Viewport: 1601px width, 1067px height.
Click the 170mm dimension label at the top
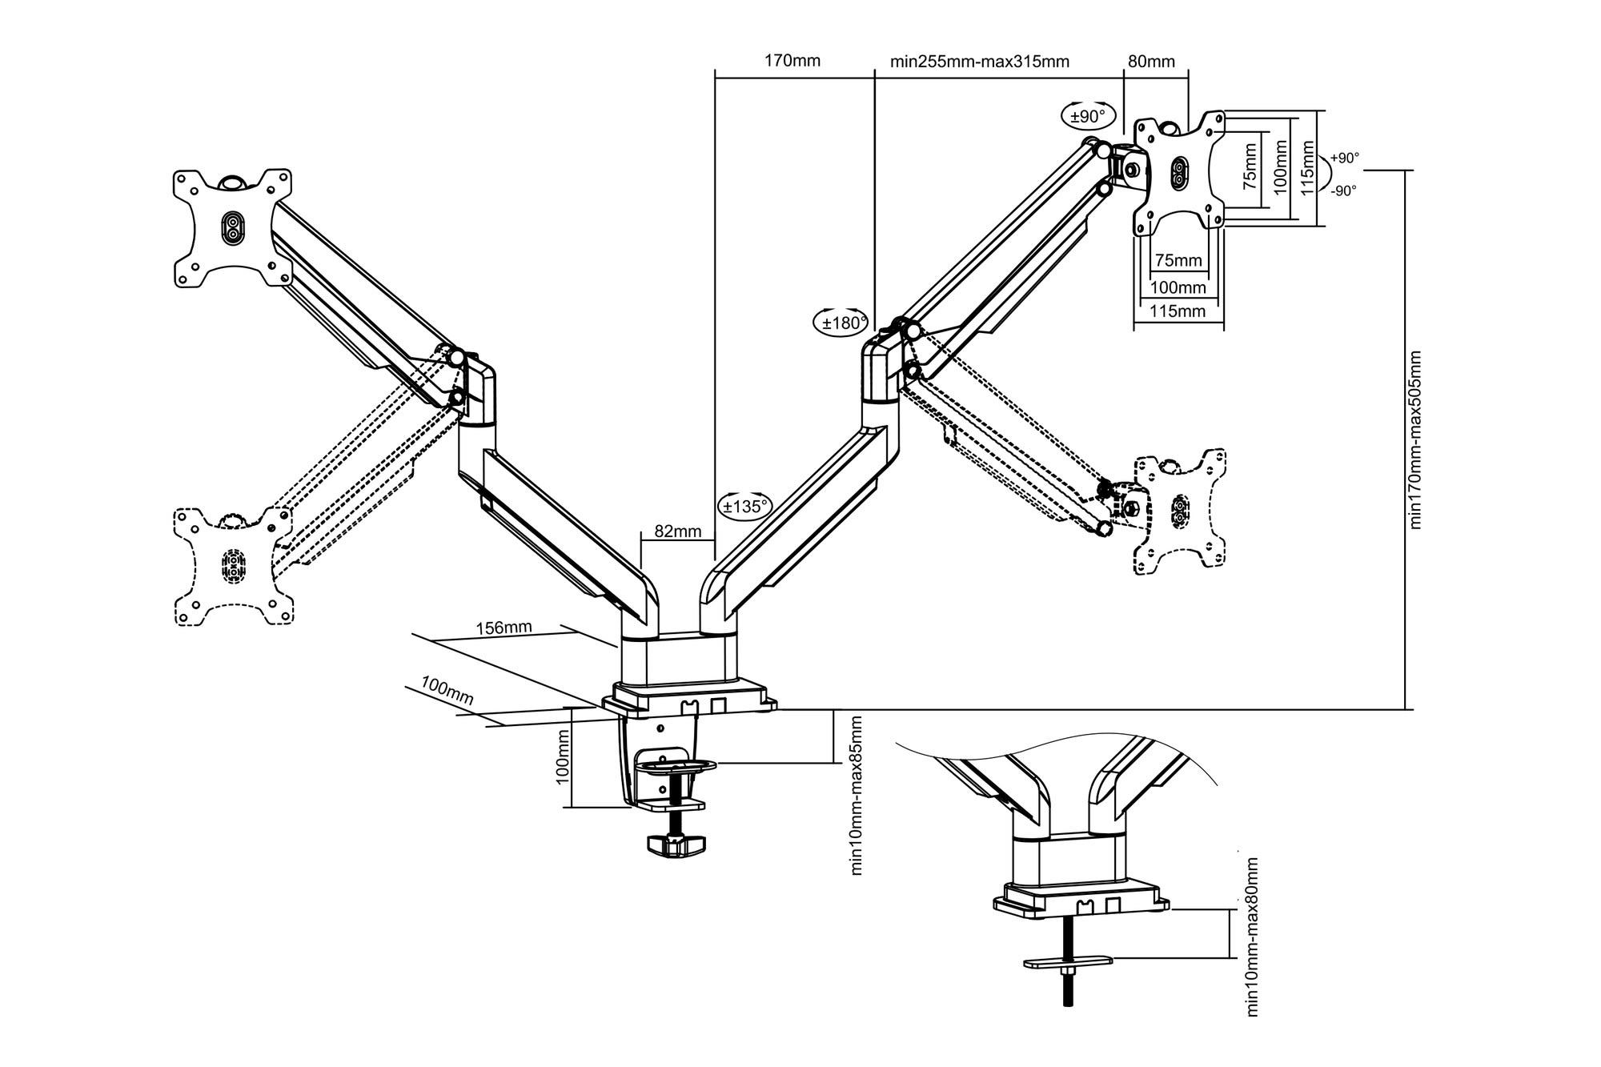(x=792, y=61)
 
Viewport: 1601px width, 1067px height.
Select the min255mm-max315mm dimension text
(x=979, y=62)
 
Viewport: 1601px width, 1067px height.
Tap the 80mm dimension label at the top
(x=1151, y=62)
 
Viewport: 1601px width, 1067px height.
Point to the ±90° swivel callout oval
(x=1088, y=116)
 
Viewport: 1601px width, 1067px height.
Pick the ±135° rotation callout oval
(x=745, y=506)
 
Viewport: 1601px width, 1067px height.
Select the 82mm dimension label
(x=677, y=531)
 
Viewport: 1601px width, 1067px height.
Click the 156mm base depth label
(x=504, y=628)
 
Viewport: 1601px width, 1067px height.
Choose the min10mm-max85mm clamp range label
(x=857, y=796)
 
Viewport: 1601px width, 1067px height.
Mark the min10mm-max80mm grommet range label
(x=1252, y=937)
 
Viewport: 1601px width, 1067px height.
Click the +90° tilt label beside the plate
(x=1345, y=158)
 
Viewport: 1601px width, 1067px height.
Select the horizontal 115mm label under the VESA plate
(x=1178, y=311)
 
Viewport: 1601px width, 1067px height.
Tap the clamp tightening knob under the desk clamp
(x=676, y=844)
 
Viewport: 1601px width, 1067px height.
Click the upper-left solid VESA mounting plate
(x=233, y=227)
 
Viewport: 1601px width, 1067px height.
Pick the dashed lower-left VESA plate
(x=233, y=566)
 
